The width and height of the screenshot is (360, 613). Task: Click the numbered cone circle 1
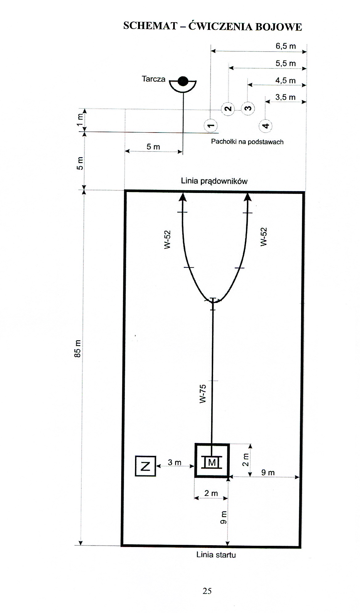211,126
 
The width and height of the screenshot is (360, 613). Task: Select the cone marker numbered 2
228,109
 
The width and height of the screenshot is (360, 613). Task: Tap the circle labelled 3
248,108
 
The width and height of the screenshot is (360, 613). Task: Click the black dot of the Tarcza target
183,81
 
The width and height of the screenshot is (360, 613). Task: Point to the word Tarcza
153,79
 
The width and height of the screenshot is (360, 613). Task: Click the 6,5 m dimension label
285,46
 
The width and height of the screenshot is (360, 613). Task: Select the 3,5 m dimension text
285,97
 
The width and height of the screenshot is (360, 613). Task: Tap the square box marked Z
145,466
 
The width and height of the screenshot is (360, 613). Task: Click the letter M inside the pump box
212,463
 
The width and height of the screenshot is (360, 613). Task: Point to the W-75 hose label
202,392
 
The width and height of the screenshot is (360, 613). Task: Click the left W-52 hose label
167,239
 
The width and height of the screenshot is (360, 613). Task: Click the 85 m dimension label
78,348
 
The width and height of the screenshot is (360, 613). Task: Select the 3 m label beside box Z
174,462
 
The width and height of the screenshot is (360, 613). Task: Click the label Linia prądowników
214,181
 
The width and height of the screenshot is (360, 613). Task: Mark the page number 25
207,591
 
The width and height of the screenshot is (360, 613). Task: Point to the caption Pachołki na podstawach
247,142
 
